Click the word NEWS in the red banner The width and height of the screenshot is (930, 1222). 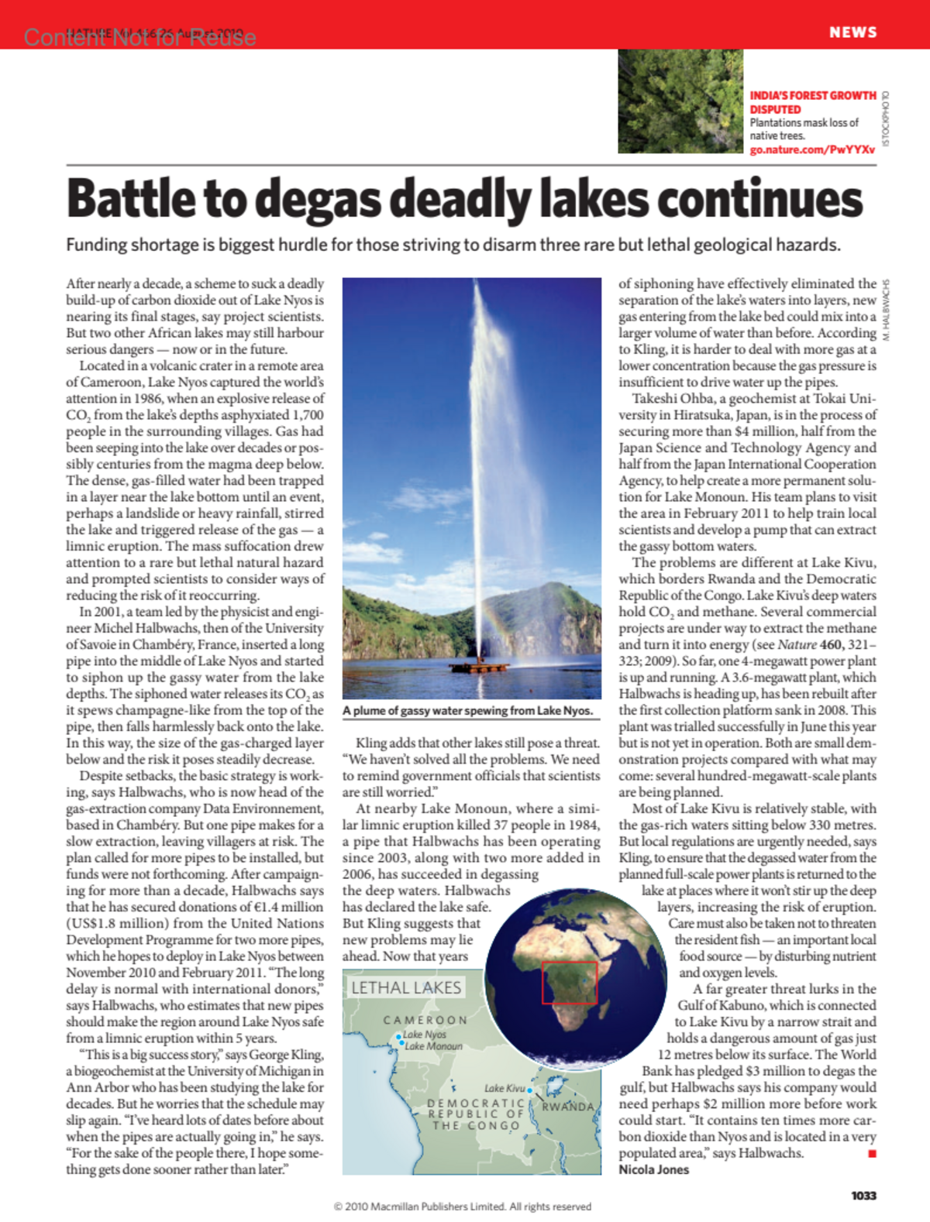tap(852, 32)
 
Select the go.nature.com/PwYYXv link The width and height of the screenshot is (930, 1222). tap(811, 149)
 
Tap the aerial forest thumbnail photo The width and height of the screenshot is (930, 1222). tap(680, 101)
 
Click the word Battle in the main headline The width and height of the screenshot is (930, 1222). tap(132, 199)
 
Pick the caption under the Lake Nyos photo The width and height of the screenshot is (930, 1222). tap(467, 711)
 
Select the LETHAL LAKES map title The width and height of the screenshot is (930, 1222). tap(406, 988)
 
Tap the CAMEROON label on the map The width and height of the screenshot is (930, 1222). tap(425, 1020)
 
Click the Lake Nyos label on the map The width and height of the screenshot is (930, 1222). tap(424, 1035)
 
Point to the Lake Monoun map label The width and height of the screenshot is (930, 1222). tap(433, 1046)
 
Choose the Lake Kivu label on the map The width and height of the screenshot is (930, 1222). tap(505, 1089)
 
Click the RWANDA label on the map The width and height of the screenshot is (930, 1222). tap(567, 1107)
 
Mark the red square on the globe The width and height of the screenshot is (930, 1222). tap(569, 983)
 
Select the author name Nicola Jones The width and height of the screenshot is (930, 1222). tap(653, 1169)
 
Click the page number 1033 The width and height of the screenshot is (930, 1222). tap(863, 1196)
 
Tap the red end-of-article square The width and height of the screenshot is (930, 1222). tap(872, 1154)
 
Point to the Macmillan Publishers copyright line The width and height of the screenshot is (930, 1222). tap(462, 1207)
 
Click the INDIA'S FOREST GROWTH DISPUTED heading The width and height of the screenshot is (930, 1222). tap(812, 102)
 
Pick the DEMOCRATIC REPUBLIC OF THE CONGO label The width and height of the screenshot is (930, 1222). tap(477, 1114)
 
